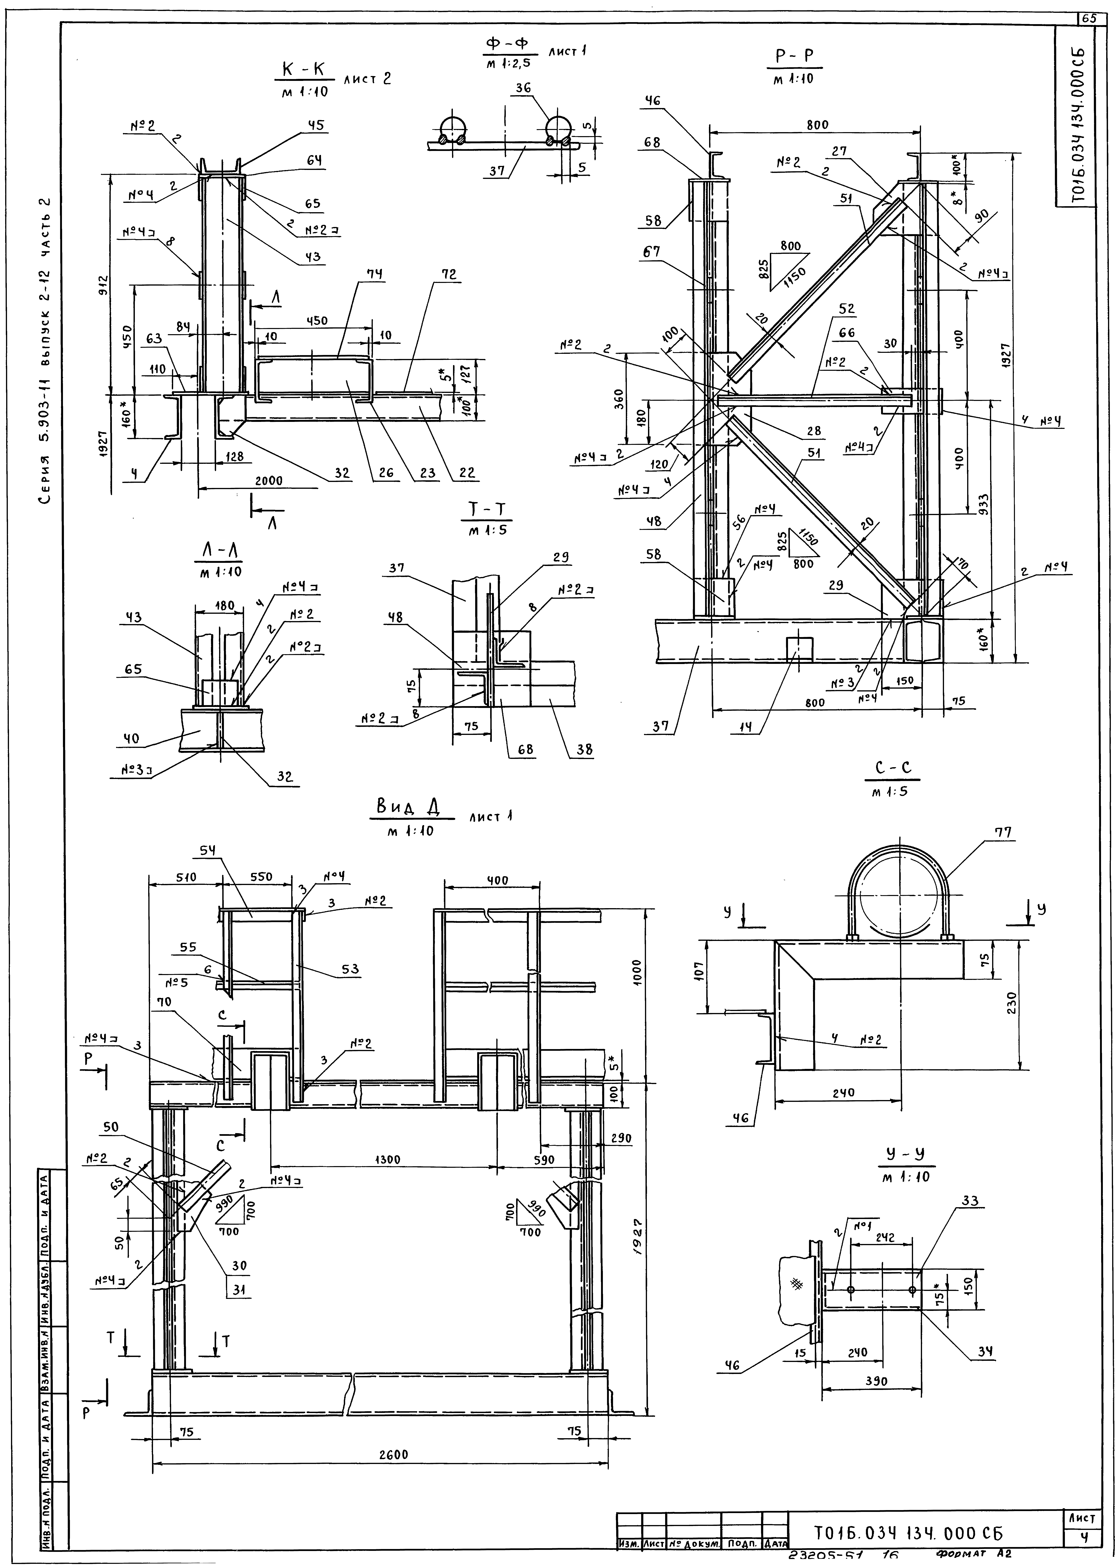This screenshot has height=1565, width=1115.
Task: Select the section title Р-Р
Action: pyautogui.click(x=794, y=56)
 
